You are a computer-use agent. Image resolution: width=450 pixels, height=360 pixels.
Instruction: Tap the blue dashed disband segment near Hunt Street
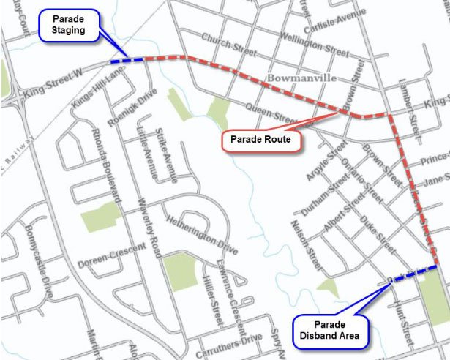413,273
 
